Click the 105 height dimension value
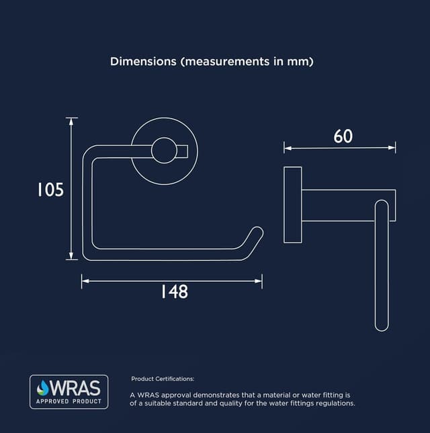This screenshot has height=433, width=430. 50,190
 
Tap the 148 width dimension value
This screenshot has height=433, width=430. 174,292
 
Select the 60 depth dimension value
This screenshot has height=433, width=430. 343,136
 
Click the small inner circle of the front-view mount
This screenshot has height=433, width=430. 163,151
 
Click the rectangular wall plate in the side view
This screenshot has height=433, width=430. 292,204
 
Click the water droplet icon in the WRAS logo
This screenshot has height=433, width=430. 43,388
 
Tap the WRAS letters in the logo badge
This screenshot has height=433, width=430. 75,388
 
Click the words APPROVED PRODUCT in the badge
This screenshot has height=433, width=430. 69,401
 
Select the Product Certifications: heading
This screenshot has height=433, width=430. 163,379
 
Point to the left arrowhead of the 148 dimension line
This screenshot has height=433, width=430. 84,281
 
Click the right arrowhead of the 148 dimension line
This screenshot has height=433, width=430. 260,281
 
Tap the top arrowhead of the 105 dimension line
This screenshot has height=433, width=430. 72,120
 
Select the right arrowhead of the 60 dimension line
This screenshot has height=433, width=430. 393,147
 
